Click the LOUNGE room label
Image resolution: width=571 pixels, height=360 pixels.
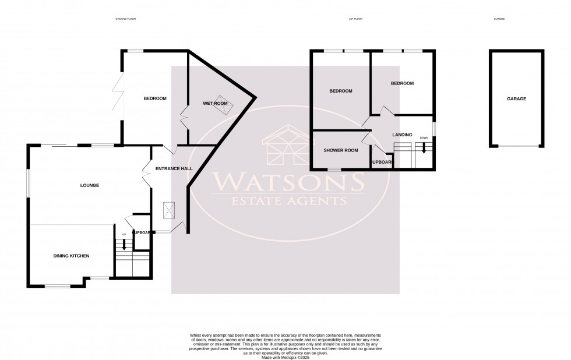point(89,185)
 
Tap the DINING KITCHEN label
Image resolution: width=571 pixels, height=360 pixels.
point(71,256)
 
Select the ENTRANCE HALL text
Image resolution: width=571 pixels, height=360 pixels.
point(174,168)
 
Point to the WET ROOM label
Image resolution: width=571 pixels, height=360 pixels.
point(215,104)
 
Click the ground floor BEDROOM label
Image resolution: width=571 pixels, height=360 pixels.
point(155,98)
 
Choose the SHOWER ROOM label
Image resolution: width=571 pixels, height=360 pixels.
point(341,150)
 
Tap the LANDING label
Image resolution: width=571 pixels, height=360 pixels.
point(402,135)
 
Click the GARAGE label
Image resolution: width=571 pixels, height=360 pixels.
point(516,99)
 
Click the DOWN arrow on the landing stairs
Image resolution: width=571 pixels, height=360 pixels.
point(424,146)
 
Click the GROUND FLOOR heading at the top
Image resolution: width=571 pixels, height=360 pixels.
point(126,19)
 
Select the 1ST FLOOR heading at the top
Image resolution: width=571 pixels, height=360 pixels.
point(355,19)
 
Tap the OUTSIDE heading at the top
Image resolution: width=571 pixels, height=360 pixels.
point(499,19)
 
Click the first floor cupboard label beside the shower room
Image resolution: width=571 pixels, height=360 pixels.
point(382,162)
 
